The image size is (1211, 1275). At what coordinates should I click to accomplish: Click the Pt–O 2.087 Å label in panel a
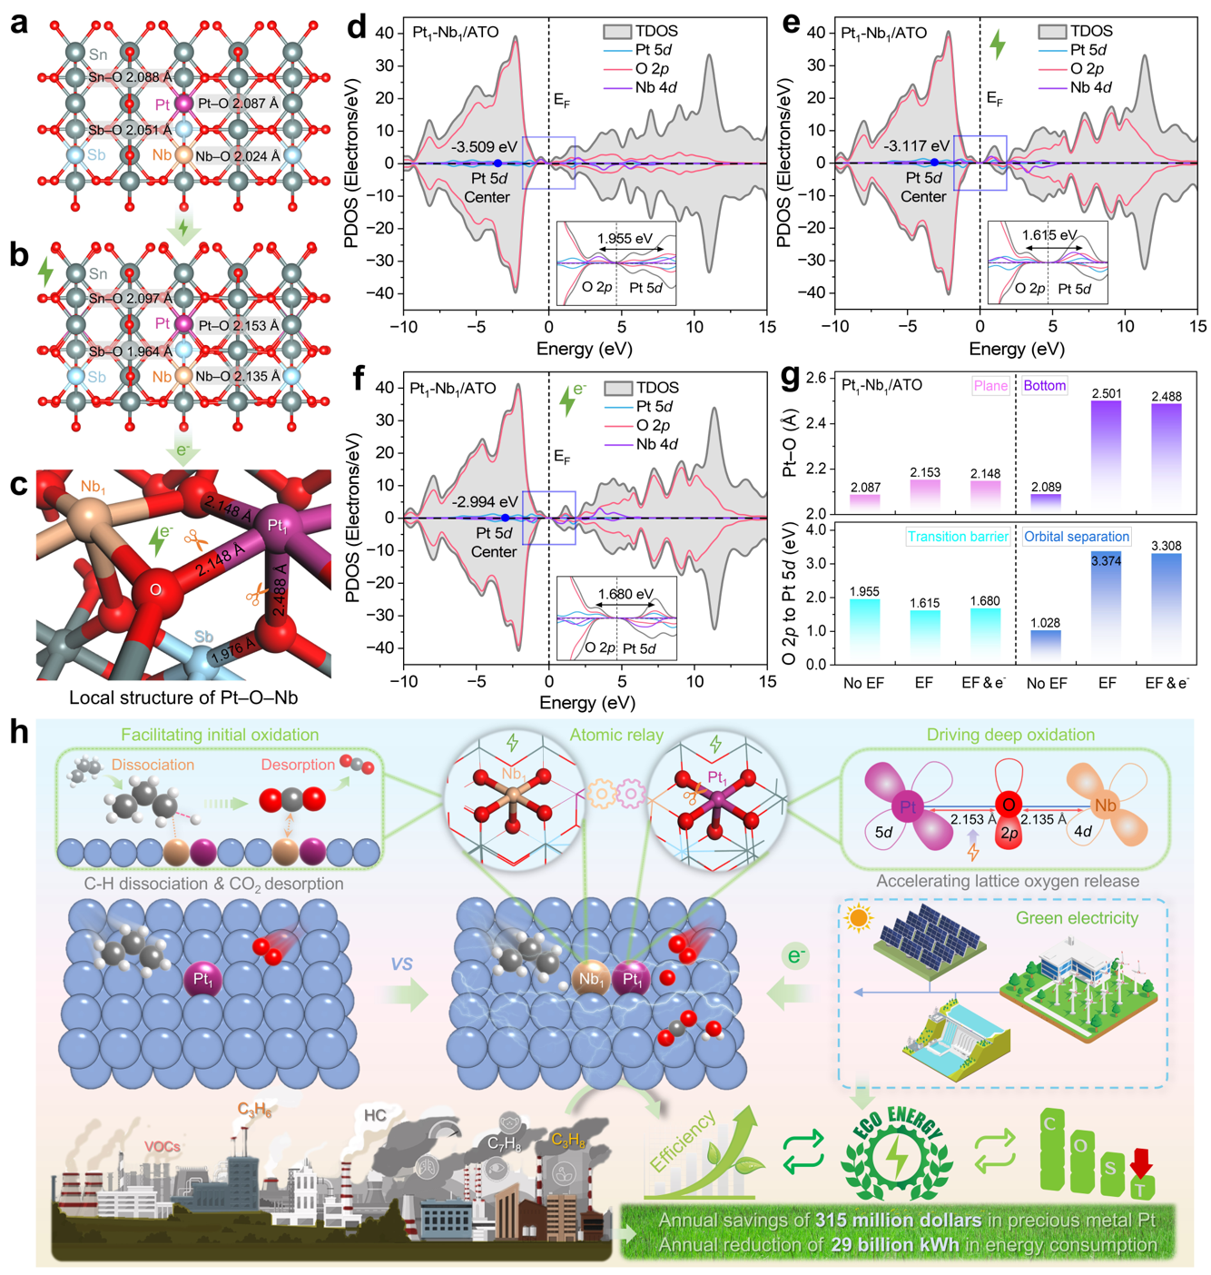pos(238,104)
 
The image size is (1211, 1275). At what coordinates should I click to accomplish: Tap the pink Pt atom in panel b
pos(184,324)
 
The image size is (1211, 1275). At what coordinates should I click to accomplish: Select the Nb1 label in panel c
pos(93,488)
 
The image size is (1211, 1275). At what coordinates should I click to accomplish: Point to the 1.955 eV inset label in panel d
pos(625,239)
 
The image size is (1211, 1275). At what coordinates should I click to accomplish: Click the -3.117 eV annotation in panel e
pos(920,145)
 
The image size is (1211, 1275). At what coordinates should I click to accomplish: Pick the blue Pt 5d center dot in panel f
pos(506,518)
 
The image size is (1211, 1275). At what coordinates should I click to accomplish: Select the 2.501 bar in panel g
pos(1107,454)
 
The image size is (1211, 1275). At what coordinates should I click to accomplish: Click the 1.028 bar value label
pos(1046,622)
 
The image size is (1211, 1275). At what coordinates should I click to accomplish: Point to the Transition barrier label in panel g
pos(958,537)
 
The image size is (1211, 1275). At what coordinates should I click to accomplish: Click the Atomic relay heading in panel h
pos(616,735)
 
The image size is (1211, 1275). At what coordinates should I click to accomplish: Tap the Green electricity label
pos(1077,918)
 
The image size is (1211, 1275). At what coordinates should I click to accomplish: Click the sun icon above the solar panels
pos(858,918)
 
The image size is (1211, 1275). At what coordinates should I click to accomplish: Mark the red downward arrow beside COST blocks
pos(1141,1163)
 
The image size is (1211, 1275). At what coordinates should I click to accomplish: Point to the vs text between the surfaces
pos(402,963)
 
